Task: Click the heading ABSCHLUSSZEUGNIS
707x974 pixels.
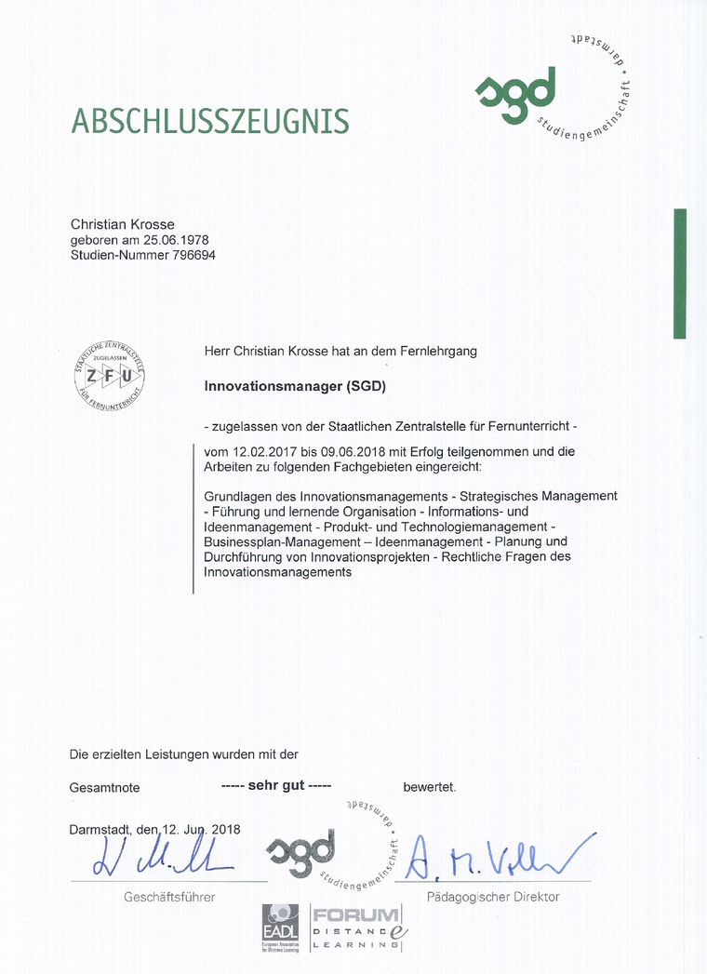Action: pyautogui.click(x=210, y=122)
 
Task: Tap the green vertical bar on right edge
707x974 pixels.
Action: pyautogui.click(x=679, y=274)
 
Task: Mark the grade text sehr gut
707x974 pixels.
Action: pyautogui.click(x=276, y=786)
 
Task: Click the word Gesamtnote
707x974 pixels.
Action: pyautogui.click(x=104, y=788)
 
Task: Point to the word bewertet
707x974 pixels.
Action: pyautogui.click(x=429, y=787)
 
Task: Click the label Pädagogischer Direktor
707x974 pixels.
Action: pyautogui.click(x=493, y=897)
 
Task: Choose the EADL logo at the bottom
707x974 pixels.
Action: pyautogui.click(x=281, y=927)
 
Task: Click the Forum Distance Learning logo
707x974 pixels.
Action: pyautogui.click(x=357, y=927)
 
